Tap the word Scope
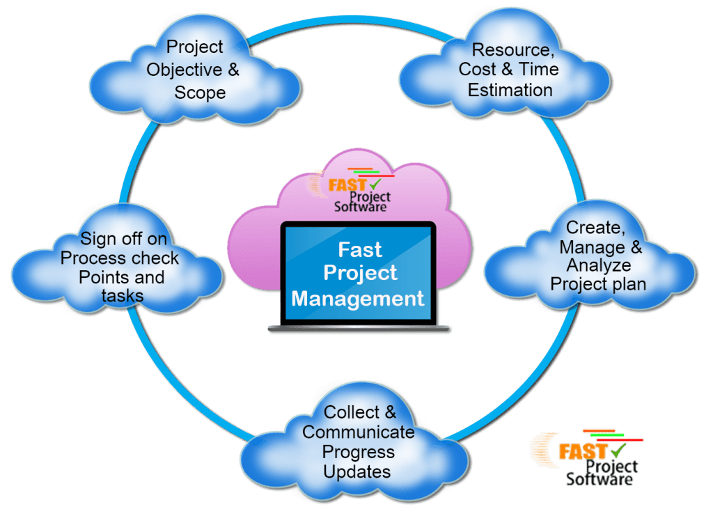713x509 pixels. (x=200, y=93)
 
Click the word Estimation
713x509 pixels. (x=510, y=90)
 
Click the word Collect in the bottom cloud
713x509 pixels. (x=346, y=412)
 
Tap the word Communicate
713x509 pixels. (x=358, y=432)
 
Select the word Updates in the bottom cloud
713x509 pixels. (x=356, y=471)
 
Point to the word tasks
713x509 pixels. (x=120, y=295)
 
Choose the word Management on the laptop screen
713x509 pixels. (x=357, y=299)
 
